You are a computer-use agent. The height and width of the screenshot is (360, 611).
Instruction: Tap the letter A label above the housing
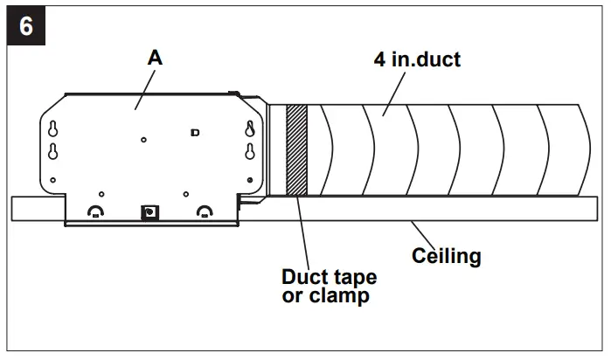click(x=155, y=58)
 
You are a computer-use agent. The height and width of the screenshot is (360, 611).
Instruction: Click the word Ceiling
click(x=447, y=256)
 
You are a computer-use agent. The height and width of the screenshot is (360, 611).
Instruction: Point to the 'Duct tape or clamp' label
click(x=329, y=287)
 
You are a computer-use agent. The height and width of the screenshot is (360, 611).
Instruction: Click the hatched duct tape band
click(x=298, y=149)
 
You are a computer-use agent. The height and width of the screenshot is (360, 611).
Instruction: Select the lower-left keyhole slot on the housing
click(x=52, y=150)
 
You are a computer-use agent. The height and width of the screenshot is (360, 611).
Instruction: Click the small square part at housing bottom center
click(x=149, y=212)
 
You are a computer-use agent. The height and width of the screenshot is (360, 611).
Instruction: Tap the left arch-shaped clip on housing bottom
click(x=94, y=211)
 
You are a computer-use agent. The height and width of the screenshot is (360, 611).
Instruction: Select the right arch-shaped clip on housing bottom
click(x=205, y=211)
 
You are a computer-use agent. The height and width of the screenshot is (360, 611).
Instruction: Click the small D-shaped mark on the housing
click(x=194, y=132)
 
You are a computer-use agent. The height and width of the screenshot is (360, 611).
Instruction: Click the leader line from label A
click(x=143, y=87)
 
